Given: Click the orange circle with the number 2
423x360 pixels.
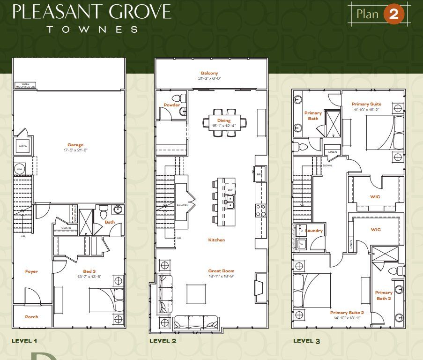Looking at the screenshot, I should pyautogui.click(x=393, y=14).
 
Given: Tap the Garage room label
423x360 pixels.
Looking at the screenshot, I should pyautogui.click(x=68, y=145).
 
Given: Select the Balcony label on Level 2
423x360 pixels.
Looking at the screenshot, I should pyautogui.click(x=209, y=73).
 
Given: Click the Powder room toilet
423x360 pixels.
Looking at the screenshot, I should pyautogui.click(x=177, y=98).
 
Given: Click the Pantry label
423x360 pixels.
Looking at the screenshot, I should pyautogui.click(x=182, y=205).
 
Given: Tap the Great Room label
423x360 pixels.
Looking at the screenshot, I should pyautogui.click(x=221, y=271).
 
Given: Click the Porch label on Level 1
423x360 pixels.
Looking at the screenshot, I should pyautogui.click(x=31, y=317).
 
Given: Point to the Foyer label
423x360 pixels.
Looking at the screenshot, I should pyautogui.click(x=31, y=271).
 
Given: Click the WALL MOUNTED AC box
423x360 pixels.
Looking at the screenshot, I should pyautogui.click(x=25, y=86).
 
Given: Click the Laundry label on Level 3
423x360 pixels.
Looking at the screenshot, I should pyautogui.click(x=314, y=231).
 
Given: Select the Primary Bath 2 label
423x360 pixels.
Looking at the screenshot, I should pyautogui.click(x=384, y=295).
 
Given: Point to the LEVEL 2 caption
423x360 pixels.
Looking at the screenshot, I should pyautogui.click(x=163, y=341).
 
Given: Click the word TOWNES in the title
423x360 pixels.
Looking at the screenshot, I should pyautogui.click(x=92, y=29).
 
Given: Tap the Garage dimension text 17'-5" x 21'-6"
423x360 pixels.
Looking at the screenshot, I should pyautogui.click(x=68, y=150).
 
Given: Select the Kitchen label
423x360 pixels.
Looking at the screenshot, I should pyautogui.click(x=216, y=240).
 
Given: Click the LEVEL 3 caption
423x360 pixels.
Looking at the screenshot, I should pyautogui.click(x=306, y=341).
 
